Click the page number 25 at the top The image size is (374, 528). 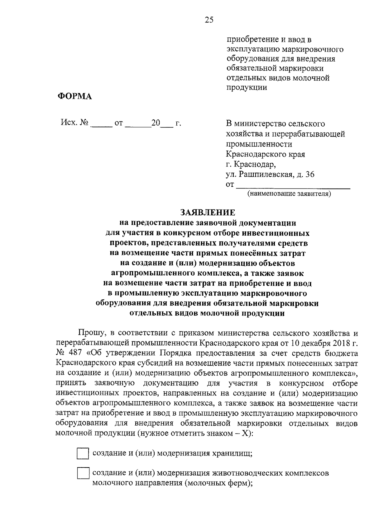coord(209,20)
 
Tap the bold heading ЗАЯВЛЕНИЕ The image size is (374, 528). coord(208,213)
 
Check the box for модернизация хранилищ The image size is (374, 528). coord(83,454)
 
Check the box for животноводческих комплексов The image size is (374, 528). coord(83,474)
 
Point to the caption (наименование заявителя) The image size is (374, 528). coord(289,194)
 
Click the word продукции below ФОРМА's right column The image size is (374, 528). coord(247,87)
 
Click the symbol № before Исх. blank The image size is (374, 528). coord(84,123)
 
